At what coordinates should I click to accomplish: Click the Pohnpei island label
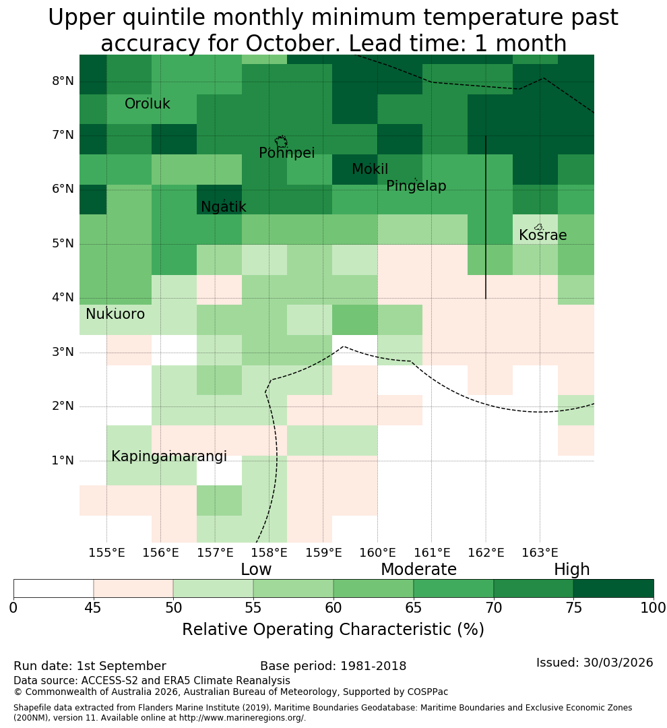pos(286,153)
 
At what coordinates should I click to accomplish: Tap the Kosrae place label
pos(542,235)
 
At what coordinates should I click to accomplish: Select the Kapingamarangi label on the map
pos(169,457)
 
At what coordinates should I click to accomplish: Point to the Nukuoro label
pos(115,314)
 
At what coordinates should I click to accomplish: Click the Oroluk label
pos(147,104)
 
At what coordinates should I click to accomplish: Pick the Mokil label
pos(370,169)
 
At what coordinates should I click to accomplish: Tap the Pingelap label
pos(416,186)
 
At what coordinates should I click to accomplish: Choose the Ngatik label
pos(223,207)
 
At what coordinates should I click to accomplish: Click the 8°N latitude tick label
pos(63,81)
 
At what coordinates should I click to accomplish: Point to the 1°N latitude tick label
pos(63,460)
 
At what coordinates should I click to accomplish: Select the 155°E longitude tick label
pos(106,553)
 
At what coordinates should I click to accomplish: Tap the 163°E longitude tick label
pos(540,553)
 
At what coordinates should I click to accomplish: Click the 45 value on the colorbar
pos(93,608)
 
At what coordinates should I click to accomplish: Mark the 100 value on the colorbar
pos(654,608)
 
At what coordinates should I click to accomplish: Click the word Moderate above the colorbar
pos(418,569)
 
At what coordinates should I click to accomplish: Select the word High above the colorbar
pos(571,570)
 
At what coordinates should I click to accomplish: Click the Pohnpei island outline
pos(281,142)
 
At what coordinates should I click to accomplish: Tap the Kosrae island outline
pos(539,227)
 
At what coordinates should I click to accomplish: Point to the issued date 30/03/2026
pos(618,663)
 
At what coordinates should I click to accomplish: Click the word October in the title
pos(294,43)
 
